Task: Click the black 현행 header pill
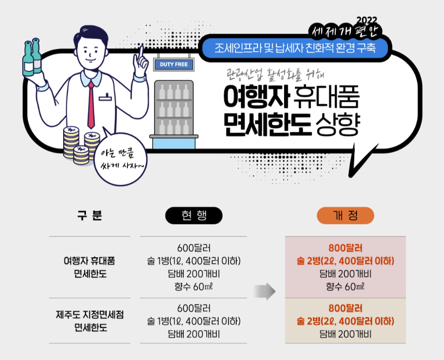tap(194, 215)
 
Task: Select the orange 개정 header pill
tap(346, 215)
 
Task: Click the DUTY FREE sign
tap(174, 64)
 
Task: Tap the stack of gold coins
tap(73, 144)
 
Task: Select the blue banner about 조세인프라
tap(295, 47)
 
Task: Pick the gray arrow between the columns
tap(264, 291)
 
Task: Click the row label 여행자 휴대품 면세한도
tap(89, 267)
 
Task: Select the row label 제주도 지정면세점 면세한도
tap(89, 320)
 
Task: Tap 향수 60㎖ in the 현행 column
tap(194, 287)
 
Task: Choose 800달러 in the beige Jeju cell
tap(346, 308)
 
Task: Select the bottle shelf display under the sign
tap(174, 111)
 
